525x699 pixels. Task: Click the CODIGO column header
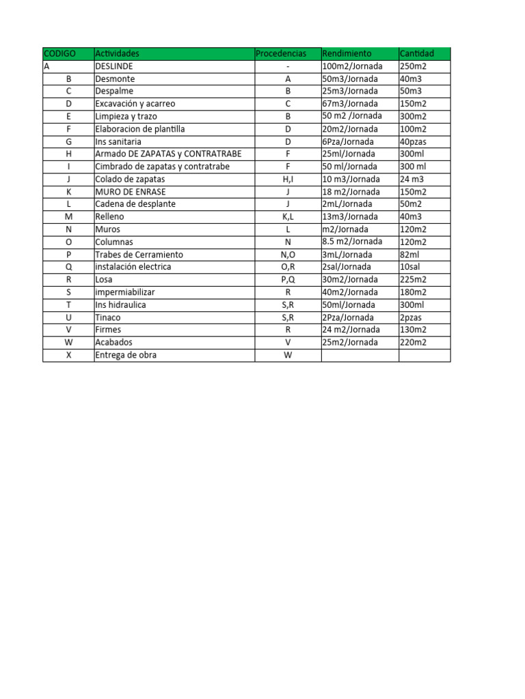[x=59, y=53]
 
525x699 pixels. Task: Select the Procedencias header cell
[x=280, y=53]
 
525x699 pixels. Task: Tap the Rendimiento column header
[x=347, y=53]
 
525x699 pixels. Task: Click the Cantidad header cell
[x=416, y=53]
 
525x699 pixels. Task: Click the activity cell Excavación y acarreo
[x=135, y=104]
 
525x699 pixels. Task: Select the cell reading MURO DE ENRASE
[x=130, y=192]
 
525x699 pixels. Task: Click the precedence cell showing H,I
[x=288, y=179]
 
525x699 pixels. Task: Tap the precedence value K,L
[x=288, y=217]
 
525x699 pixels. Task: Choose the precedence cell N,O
[x=288, y=255]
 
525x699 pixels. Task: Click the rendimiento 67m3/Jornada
[x=349, y=104]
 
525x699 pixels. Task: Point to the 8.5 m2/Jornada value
[x=352, y=242]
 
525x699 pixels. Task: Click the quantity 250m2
[x=414, y=66]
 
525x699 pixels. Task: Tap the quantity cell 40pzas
[x=414, y=141]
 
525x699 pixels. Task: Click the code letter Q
[x=68, y=267]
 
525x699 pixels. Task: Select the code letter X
[x=68, y=355]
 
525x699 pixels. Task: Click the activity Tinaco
[x=108, y=317]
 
